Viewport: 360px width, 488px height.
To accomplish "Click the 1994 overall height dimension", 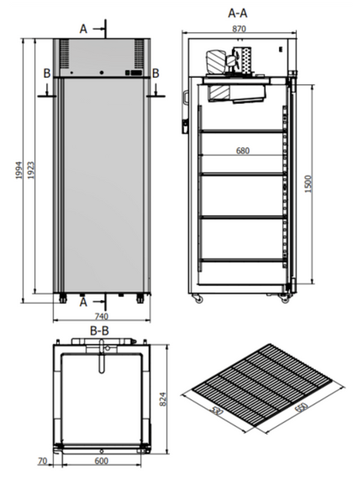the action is [19, 170].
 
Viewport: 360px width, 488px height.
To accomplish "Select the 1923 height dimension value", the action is [31, 170].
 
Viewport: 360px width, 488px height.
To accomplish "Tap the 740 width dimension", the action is [102, 316].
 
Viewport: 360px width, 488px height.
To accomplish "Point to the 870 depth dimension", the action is [239, 29].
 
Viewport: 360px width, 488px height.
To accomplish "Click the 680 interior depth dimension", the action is [243, 151].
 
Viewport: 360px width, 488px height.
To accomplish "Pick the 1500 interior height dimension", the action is [308, 184].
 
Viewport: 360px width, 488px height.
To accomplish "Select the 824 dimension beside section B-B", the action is [163, 399].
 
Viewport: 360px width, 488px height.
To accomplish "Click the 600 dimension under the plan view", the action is [102, 461].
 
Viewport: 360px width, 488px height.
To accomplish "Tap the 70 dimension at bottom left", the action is [42, 461].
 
